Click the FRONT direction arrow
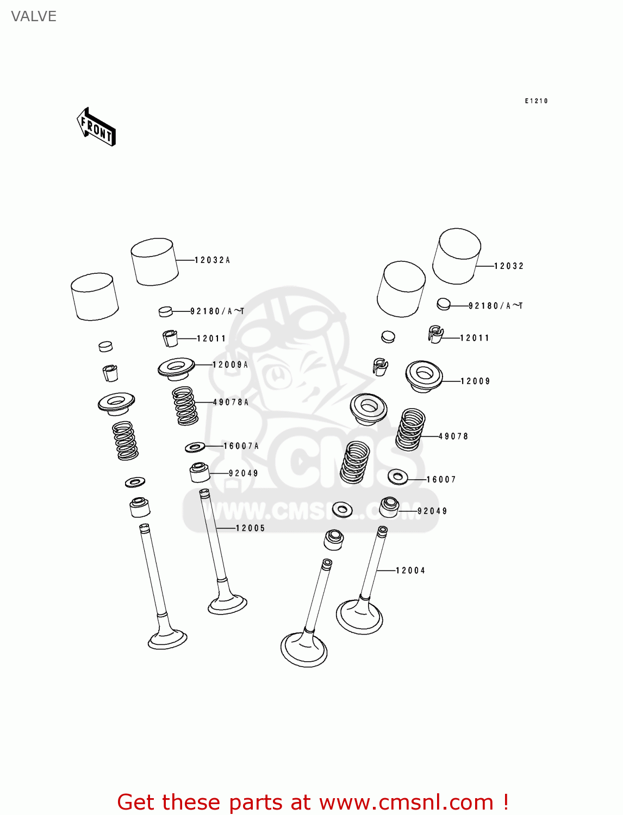click(96, 127)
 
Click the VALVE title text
click(34, 16)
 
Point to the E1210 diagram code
click(535, 101)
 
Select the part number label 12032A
click(212, 260)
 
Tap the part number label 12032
click(508, 266)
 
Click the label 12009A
click(230, 365)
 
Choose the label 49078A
click(230, 402)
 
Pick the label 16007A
click(241, 446)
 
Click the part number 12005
click(250, 528)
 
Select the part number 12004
click(410, 570)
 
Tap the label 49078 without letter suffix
click(453, 436)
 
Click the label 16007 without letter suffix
click(440, 479)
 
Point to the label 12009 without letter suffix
click(475, 381)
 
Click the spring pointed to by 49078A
click(185, 405)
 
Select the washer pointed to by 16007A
click(195, 447)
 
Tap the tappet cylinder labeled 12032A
click(154, 262)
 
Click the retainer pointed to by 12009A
click(176, 369)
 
